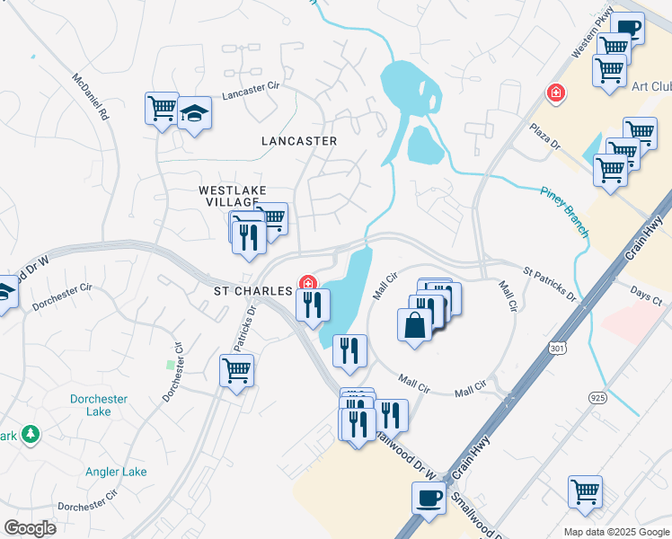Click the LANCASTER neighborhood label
pos(299,141)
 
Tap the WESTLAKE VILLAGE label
pos(228,196)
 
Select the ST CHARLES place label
pos(252,291)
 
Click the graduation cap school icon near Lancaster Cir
pos(194,114)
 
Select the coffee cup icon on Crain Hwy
pos(429,498)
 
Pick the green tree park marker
pos(31,434)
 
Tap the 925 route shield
pos(598,396)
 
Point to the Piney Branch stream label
pos(565,211)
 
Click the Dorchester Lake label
pos(99,405)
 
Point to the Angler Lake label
pos(116,472)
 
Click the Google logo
pos(30,528)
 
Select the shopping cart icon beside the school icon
pos(162,109)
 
